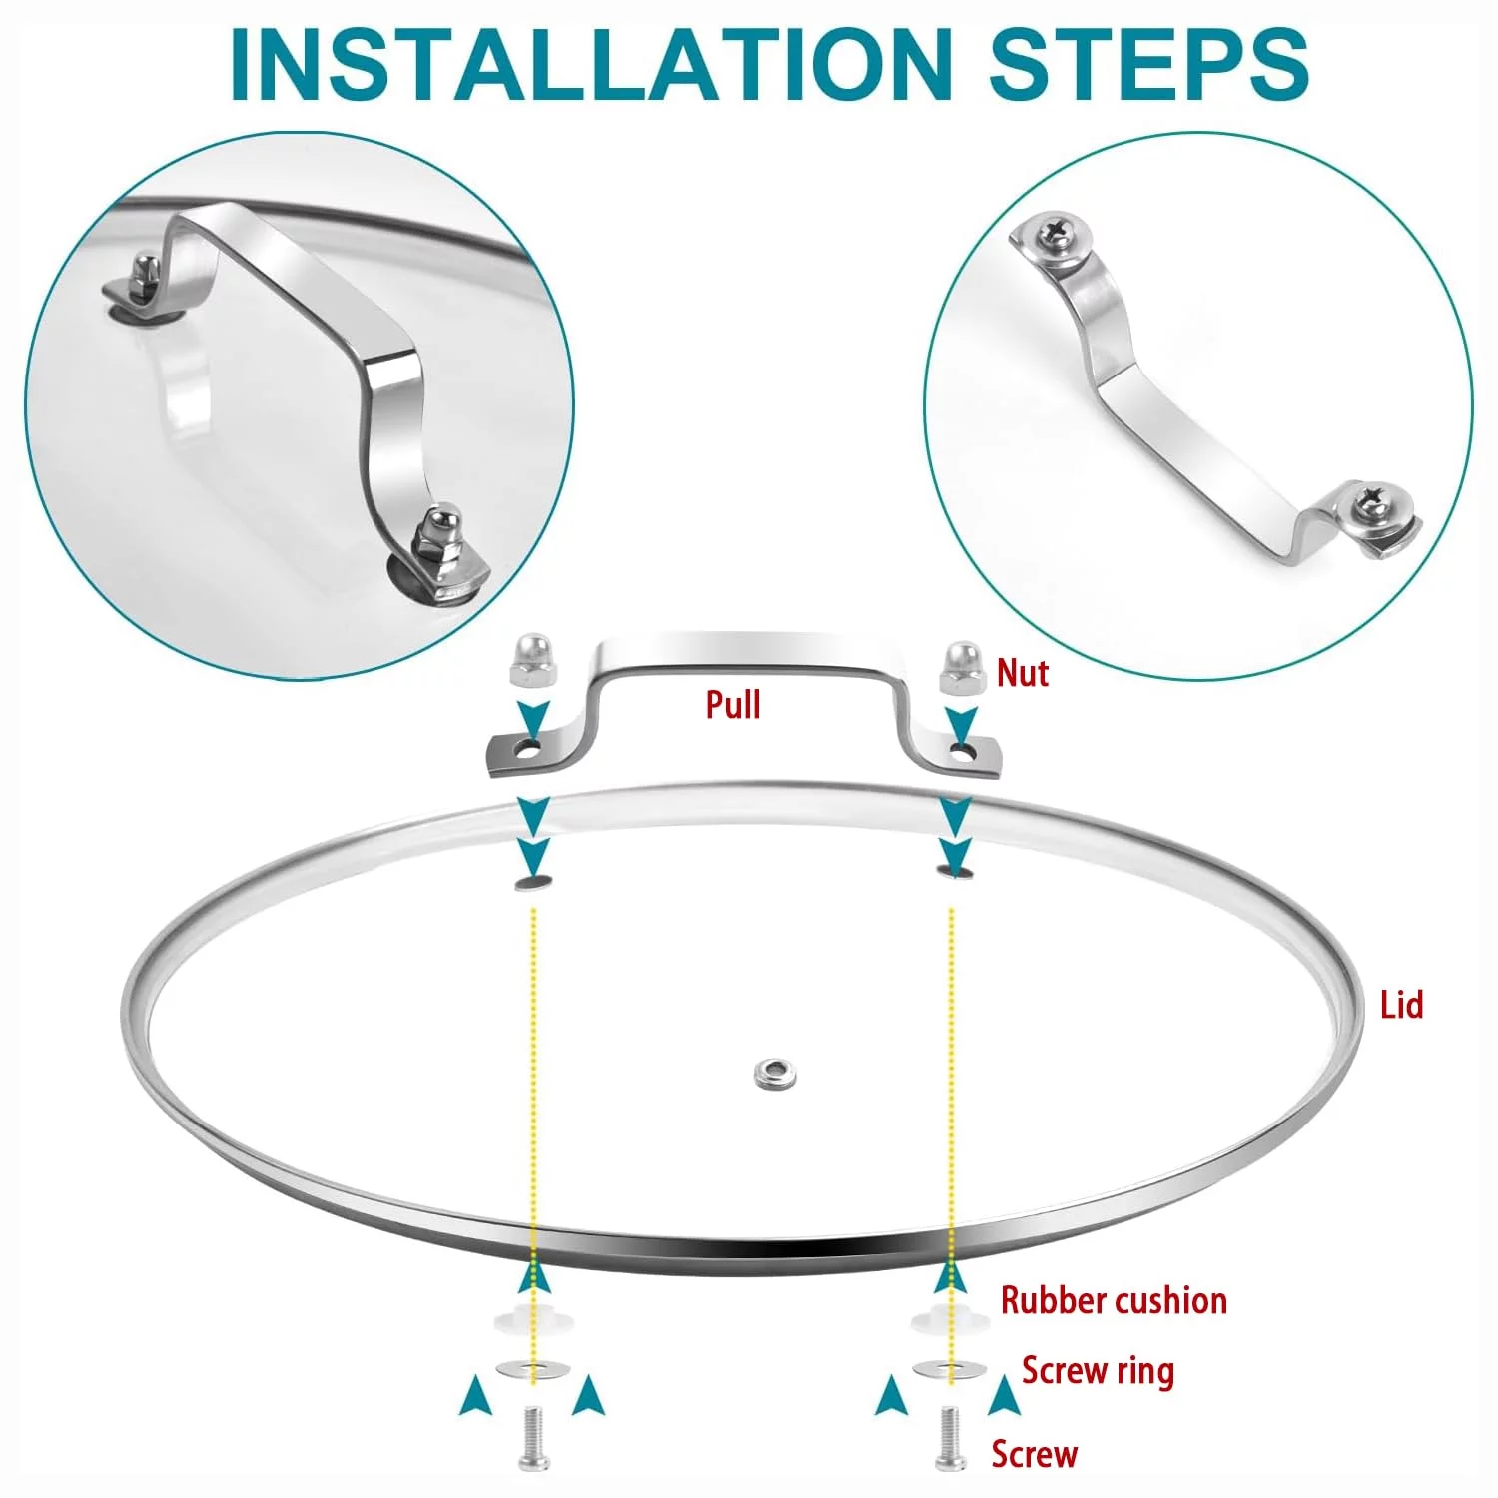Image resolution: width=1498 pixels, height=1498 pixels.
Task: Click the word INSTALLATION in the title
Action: (589, 64)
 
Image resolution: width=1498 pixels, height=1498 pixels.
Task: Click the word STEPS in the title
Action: (1148, 64)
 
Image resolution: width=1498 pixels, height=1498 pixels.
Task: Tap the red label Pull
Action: (733, 705)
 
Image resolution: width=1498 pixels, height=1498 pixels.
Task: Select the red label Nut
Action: (1023, 674)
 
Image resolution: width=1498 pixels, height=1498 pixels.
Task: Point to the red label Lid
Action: (1401, 1005)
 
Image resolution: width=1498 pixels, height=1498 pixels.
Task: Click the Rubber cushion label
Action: (1114, 1300)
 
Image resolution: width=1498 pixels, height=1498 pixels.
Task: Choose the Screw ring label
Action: (1098, 1372)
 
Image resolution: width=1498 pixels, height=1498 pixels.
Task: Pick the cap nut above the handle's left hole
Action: (530, 660)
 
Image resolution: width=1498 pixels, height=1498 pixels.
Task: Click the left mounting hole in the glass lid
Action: (534, 882)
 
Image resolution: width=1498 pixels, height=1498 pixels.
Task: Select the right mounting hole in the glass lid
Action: (955, 872)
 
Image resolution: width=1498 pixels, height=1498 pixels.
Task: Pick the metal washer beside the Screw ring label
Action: (949, 1369)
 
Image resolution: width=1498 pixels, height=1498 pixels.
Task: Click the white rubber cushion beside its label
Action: (949, 1317)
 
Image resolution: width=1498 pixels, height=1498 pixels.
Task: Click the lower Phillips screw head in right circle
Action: (1372, 508)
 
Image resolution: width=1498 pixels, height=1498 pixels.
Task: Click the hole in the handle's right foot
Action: (962, 748)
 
